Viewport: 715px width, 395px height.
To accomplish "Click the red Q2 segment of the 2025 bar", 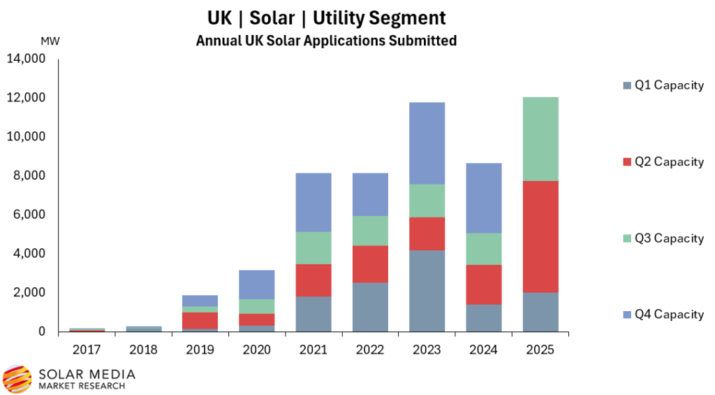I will (540, 236).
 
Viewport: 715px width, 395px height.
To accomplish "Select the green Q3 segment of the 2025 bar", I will (540, 138).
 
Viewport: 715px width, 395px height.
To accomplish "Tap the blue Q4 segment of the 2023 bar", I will (427, 143).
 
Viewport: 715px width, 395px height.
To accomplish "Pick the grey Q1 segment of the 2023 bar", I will (427, 290).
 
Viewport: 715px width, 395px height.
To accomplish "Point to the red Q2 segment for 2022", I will (369, 264).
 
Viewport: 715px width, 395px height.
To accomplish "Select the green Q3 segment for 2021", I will (313, 247).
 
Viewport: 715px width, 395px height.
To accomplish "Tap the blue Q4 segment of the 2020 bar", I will (256, 285).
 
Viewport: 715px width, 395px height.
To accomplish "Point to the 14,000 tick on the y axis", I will (26, 59).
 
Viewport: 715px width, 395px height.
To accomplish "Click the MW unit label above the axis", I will (50, 41).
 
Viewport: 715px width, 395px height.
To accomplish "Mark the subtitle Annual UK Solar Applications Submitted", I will (326, 41).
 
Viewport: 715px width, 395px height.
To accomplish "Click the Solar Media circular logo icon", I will (17, 378).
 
